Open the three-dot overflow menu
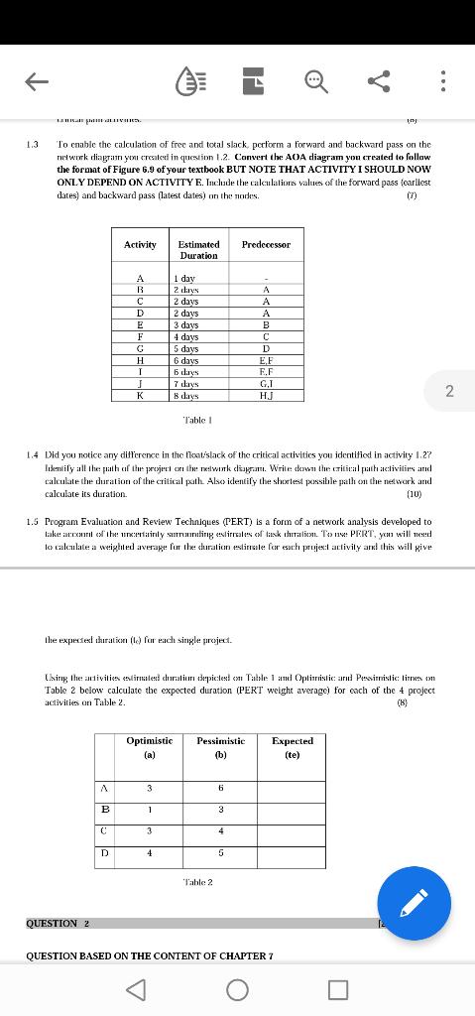[443, 82]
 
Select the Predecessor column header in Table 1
[266, 243]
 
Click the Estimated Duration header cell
[198, 249]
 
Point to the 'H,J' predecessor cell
[266, 395]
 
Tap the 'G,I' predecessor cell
[266, 383]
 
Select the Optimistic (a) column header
[150, 747]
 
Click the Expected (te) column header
[292, 747]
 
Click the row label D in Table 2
[103, 851]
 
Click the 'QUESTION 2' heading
[59, 923]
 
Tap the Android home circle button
[237, 989]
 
